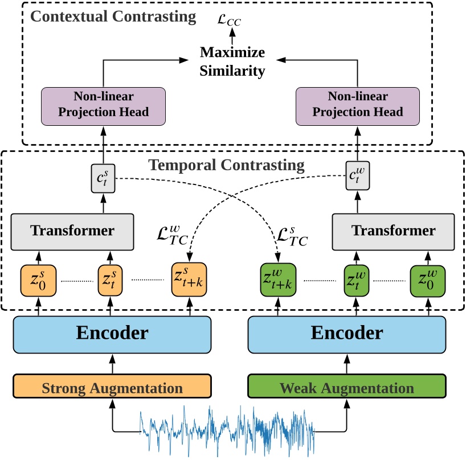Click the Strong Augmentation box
pos(112,388)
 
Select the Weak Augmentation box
pos(346,388)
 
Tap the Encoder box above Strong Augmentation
pos(112,332)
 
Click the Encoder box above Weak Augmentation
pos(346,332)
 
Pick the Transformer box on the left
pos(72,231)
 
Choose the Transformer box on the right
pos(393,231)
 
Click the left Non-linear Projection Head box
pos(103,105)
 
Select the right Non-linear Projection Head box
pos(358,105)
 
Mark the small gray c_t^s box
pos(103,178)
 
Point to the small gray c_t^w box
pos(358,178)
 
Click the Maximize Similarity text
pos(232,61)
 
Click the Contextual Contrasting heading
pos(113,16)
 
